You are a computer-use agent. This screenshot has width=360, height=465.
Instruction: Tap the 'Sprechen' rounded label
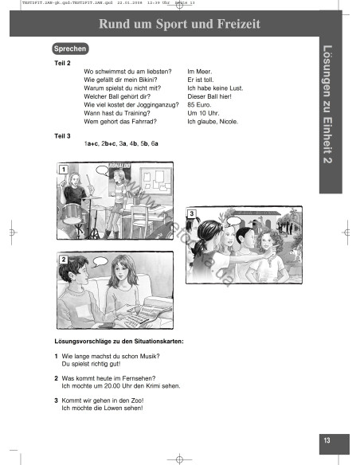tap(71, 49)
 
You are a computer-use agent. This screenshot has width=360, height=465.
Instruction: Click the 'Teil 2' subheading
tap(62, 62)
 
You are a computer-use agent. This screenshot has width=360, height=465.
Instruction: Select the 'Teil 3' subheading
tap(62, 135)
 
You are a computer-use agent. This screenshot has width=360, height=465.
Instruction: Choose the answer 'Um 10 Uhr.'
tap(202, 114)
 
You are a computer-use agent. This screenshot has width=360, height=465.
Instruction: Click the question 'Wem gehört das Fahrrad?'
tap(120, 122)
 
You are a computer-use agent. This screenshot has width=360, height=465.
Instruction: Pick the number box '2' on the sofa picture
tap(63, 260)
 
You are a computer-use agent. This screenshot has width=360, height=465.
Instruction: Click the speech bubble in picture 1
tap(103, 170)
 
